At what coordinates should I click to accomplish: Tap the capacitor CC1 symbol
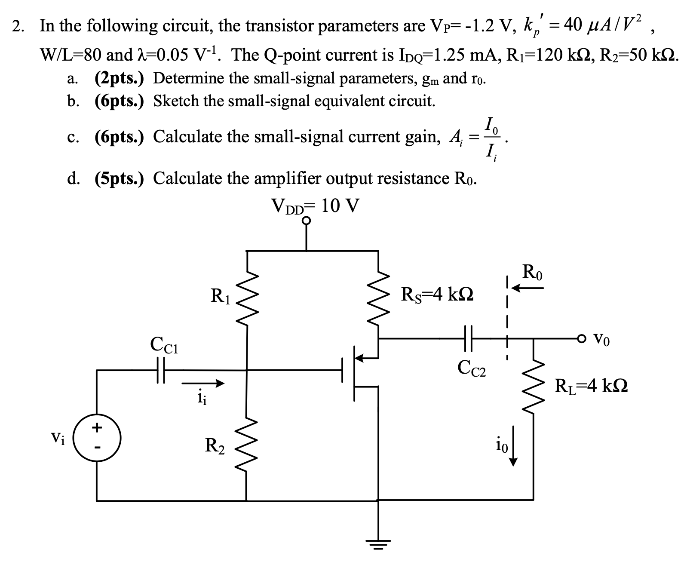(x=161, y=370)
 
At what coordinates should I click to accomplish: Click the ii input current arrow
(x=202, y=382)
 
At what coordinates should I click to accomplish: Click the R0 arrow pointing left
(x=530, y=288)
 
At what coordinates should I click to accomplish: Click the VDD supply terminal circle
(x=306, y=221)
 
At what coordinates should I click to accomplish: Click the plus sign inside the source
(x=97, y=427)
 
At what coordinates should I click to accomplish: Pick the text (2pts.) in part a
(x=119, y=78)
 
